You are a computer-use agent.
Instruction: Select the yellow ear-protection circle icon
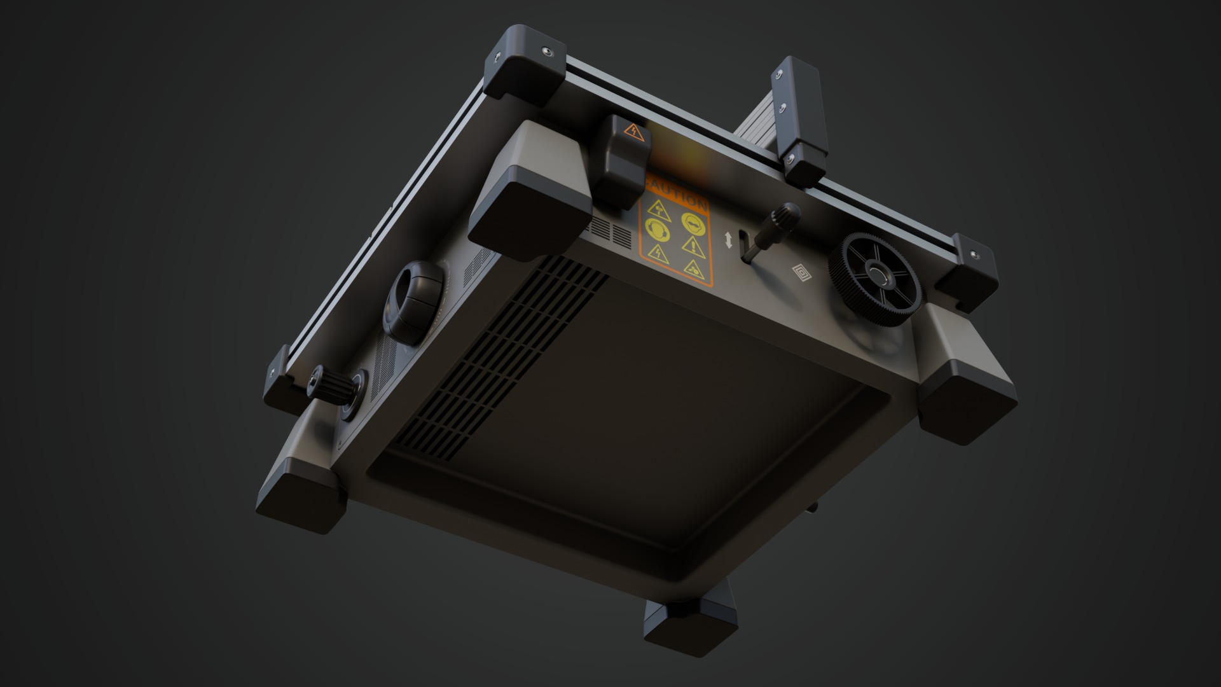coord(656,230)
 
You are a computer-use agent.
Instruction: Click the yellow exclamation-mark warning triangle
coord(692,246)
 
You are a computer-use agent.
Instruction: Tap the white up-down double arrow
coord(729,240)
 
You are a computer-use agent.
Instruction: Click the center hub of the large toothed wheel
coord(878,278)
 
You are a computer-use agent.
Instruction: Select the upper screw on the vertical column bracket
coord(777,77)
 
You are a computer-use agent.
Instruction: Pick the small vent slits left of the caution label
coord(607,232)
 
